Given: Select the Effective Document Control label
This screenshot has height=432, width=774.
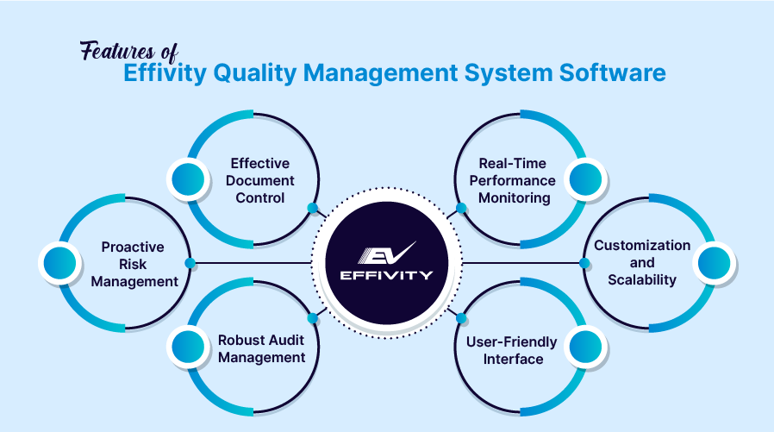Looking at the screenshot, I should [260, 180].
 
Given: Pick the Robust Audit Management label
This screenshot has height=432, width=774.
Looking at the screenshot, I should [261, 348].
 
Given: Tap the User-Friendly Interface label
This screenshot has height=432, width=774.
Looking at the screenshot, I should [512, 350].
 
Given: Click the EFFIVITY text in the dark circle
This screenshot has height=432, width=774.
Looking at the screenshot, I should [387, 276].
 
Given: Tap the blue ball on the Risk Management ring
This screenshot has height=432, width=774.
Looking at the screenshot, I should [59, 262].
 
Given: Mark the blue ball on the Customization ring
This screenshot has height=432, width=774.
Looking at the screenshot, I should [714, 263].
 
